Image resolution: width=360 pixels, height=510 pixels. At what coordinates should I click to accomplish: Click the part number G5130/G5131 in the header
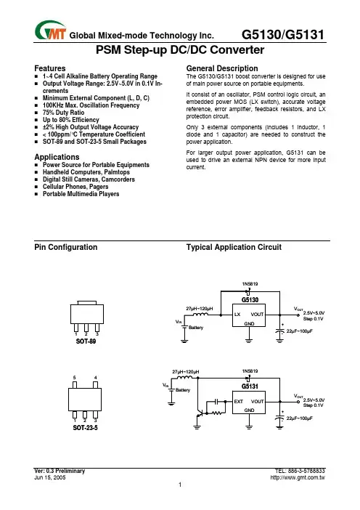[x=283, y=34]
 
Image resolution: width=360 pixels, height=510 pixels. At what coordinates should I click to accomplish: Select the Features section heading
[x=49, y=68]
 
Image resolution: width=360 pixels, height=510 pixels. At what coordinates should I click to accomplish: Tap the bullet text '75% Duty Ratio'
[x=63, y=113]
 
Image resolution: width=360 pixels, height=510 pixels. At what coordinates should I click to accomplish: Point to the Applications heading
[x=57, y=157]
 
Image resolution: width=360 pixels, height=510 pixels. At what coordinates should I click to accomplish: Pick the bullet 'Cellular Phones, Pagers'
[x=75, y=187]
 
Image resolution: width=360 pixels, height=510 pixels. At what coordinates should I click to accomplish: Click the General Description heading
[x=222, y=68]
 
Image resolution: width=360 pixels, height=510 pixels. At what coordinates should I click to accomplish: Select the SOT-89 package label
[x=86, y=341]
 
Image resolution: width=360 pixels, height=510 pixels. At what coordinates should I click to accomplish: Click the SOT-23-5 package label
[x=85, y=428]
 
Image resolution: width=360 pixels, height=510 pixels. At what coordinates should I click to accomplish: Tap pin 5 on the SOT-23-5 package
[x=75, y=385]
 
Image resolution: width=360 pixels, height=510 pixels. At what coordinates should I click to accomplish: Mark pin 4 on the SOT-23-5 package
[x=95, y=385]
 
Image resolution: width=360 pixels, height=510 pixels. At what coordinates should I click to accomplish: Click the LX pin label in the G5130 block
[x=237, y=315]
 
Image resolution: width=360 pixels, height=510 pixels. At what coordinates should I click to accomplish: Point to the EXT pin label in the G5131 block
[x=239, y=401]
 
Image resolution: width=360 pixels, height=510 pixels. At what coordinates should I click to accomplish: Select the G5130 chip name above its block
[x=250, y=300]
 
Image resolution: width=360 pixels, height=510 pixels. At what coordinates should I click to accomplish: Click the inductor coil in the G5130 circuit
[x=200, y=314]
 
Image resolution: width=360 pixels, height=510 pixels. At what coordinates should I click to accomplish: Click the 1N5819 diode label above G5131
[x=250, y=371]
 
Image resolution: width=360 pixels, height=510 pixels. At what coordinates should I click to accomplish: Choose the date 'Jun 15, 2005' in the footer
[x=49, y=477]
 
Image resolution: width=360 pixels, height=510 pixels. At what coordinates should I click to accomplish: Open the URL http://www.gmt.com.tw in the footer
[x=298, y=478]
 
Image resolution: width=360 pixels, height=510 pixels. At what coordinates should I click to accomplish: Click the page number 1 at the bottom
[x=180, y=485]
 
